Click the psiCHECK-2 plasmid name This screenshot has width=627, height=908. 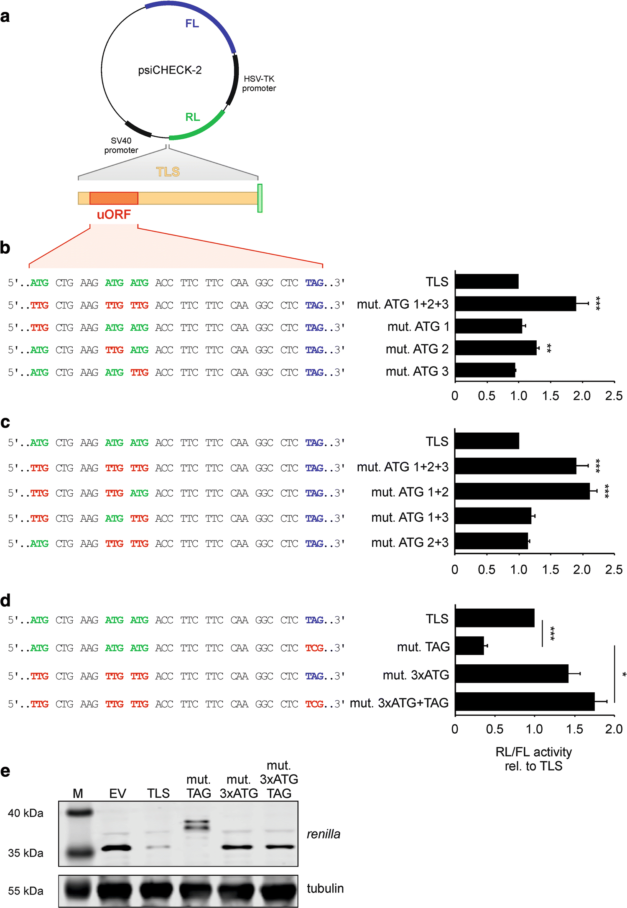(170, 70)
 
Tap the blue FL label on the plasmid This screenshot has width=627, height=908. (192, 23)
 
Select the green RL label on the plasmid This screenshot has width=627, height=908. (192, 117)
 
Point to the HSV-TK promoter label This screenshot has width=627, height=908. (259, 84)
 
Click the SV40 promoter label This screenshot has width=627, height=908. (121, 145)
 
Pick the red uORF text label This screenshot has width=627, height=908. (114, 215)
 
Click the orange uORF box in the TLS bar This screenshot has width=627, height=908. (114, 198)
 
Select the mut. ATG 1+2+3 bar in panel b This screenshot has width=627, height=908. (515, 304)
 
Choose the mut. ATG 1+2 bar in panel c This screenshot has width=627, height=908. (522, 492)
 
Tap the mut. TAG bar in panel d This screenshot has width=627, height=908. (469, 646)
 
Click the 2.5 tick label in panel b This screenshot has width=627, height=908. (614, 396)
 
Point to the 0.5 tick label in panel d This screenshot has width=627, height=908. (494, 729)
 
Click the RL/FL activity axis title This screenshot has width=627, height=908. (534, 759)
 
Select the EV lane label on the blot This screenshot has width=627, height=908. (117, 793)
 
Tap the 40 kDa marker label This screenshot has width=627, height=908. (26, 813)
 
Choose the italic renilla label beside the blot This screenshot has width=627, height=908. (324, 834)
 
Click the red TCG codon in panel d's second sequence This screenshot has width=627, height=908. (314, 648)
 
